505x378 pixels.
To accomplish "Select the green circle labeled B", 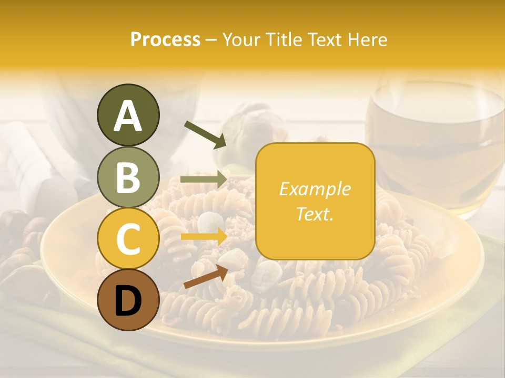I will coord(128,177).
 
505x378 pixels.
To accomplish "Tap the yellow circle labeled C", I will coord(128,238).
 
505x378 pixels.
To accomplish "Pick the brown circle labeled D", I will coord(128,300).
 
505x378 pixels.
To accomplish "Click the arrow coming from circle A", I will coord(205,134).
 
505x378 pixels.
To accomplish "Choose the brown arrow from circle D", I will coord(205,277).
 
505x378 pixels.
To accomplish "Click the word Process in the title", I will coord(165,39).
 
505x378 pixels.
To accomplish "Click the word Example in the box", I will coord(315,189).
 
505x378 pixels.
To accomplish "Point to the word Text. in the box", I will coord(315,214).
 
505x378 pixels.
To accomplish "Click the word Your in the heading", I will coord(242,39).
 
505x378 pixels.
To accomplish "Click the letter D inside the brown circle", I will coord(128,301).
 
